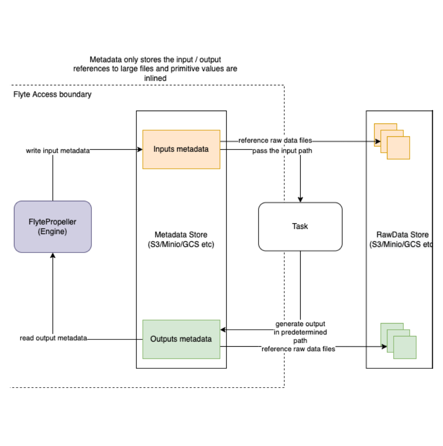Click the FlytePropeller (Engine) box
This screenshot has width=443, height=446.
(52, 226)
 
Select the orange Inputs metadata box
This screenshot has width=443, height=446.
(181, 149)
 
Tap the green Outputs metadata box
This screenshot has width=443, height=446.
(181, 339)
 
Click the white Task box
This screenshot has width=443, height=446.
(300, 226)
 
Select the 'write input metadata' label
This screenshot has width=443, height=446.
(58, 151)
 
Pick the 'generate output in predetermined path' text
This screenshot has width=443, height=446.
(300, 332)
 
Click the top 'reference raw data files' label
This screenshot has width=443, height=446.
(275, 140)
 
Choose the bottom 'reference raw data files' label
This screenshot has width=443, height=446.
(299, 349)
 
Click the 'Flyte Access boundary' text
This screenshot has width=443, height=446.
(52, 95)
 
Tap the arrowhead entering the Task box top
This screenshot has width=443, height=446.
(300, 200)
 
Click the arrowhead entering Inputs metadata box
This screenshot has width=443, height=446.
(139, 150)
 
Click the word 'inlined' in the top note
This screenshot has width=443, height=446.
(155, 78)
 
